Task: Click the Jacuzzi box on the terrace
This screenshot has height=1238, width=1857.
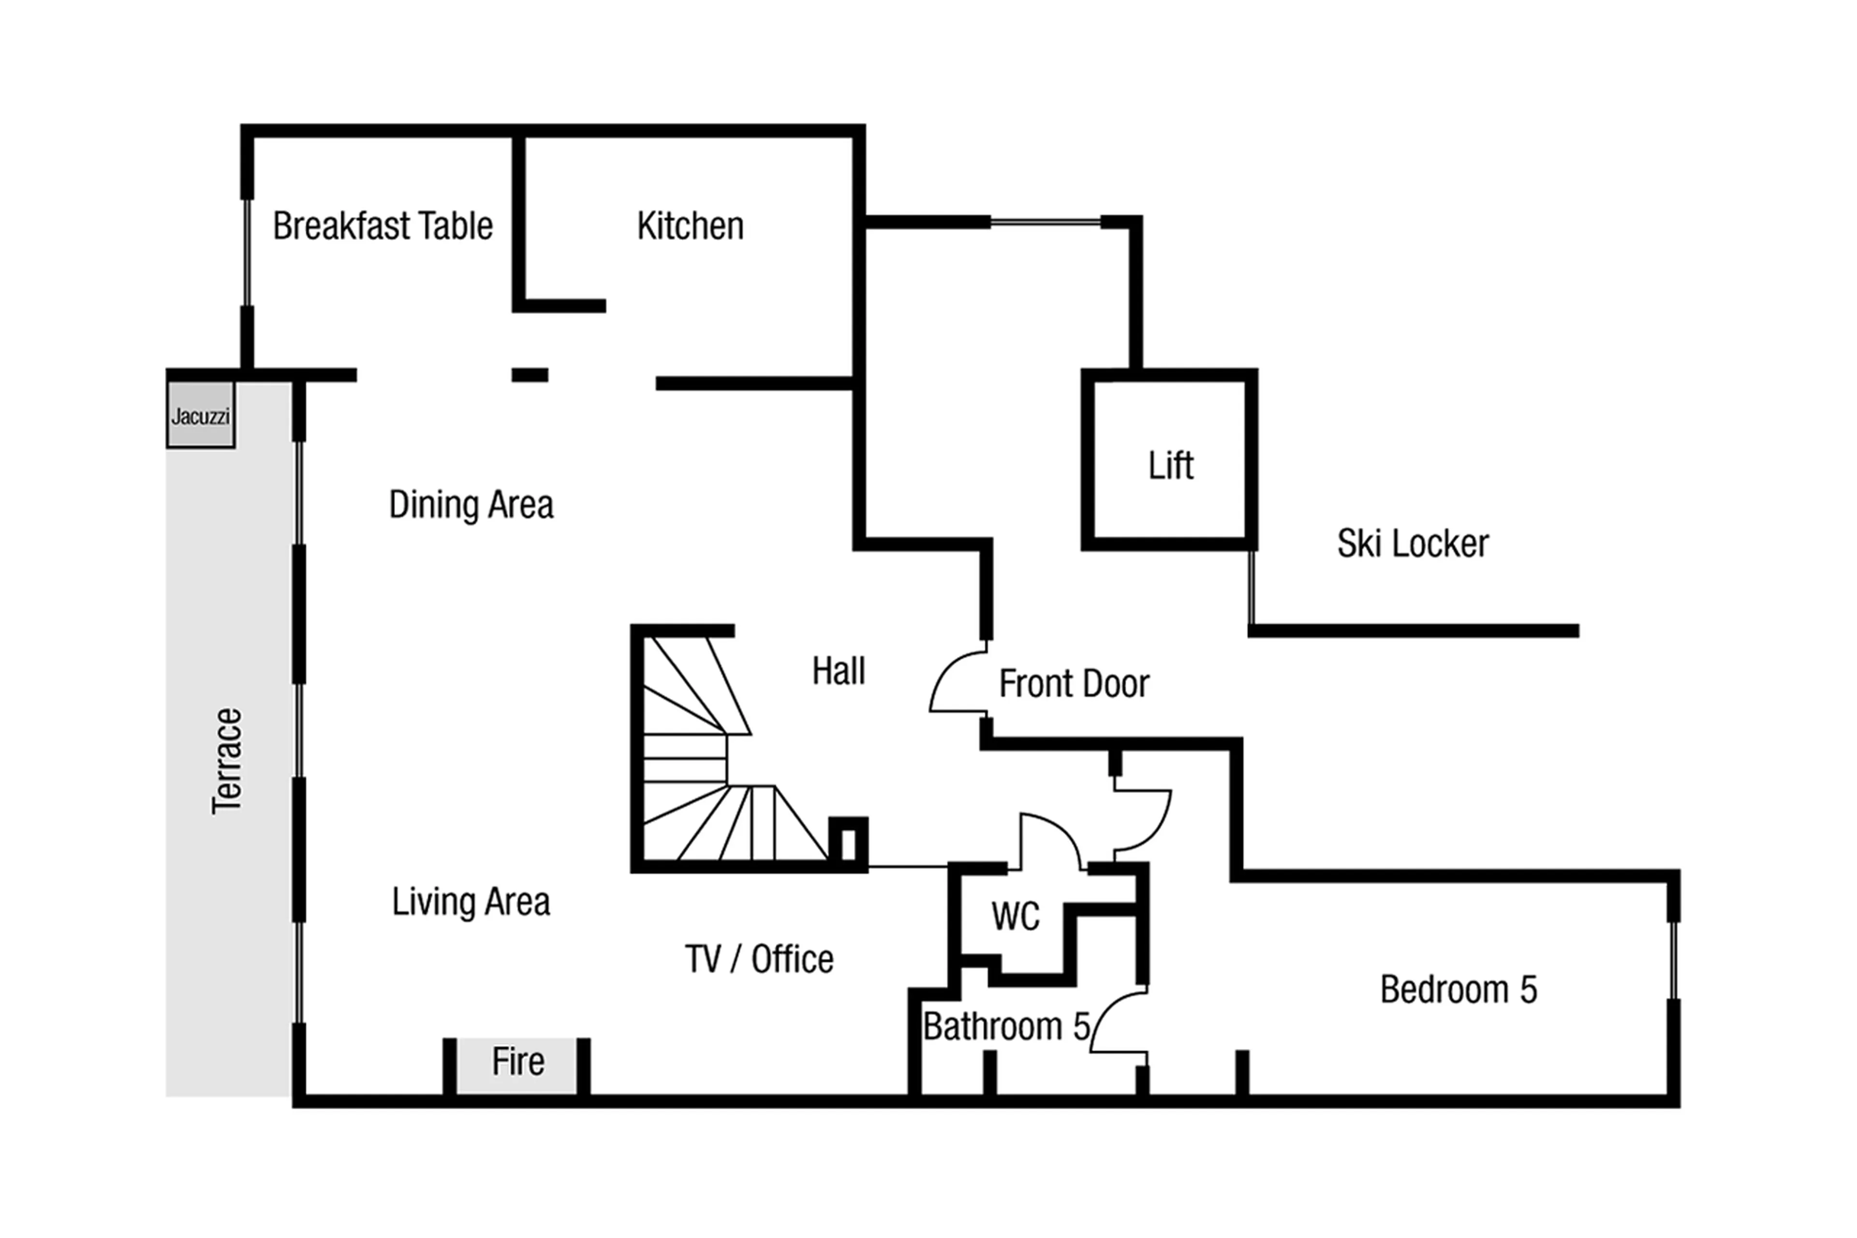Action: click(x=201, y=415)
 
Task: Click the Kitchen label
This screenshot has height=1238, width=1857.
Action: click(x=690, y=226)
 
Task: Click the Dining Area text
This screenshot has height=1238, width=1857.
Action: click(x=471, y=505)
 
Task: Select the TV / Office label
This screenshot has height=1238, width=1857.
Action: click(x=758, y=959)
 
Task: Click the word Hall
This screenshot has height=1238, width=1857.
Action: click(x=838, y=671)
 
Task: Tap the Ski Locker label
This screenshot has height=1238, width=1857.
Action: click(x=1412, y=544)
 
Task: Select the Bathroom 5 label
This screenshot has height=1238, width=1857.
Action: click(x=1005, y=1027)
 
